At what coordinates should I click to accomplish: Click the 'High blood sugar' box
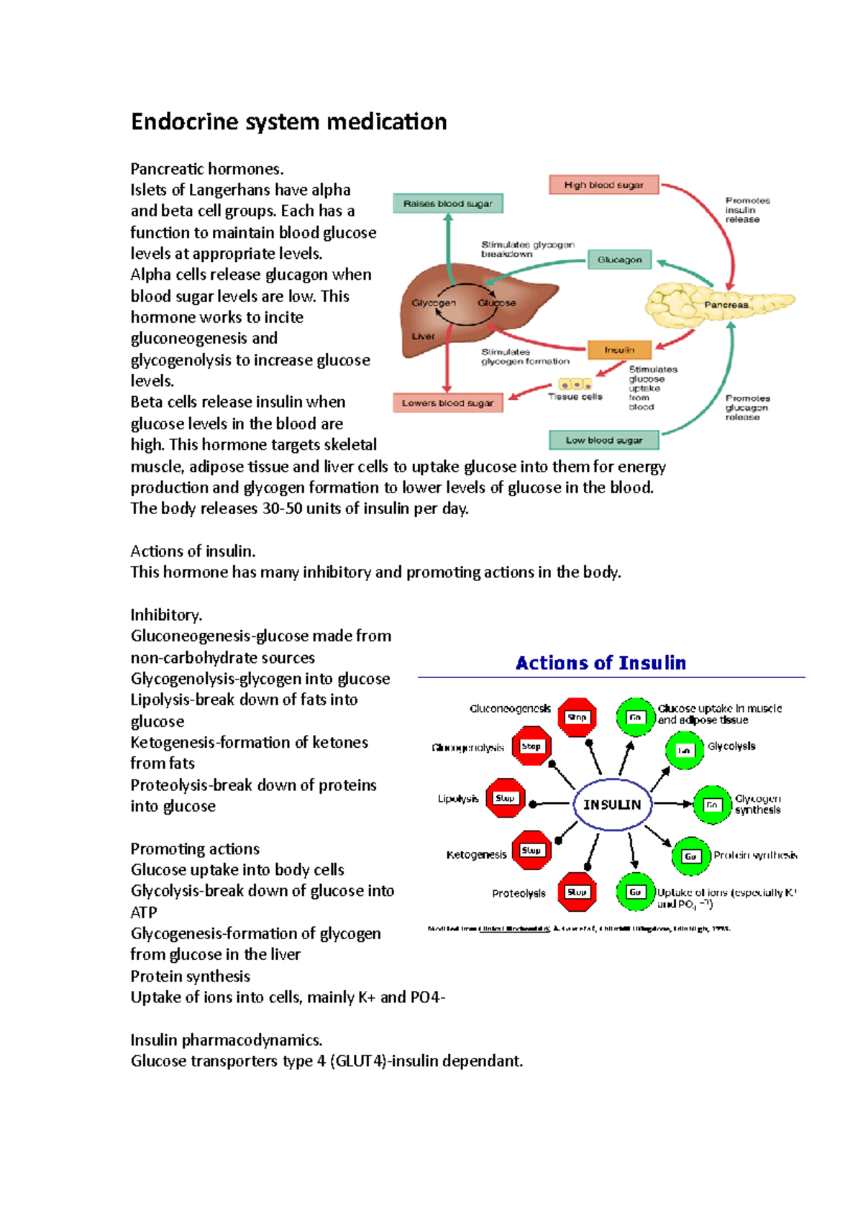(603, 185)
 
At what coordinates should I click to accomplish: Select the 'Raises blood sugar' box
(447, 203)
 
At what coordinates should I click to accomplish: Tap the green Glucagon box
(619, 260)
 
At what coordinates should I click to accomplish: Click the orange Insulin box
(619, 349)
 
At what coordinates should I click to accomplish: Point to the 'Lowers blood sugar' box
(447, 403)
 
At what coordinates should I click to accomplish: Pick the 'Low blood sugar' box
(603, 440)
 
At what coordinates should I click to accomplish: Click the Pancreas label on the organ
(726, 305)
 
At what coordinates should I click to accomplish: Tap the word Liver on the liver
(423, 336)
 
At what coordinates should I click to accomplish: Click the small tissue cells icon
(575, 385)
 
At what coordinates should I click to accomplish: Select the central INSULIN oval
(612, 805)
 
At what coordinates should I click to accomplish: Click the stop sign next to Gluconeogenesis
(577, 717)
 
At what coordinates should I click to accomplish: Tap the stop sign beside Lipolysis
(505, 798)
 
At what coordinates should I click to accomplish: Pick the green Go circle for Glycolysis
(684, 750)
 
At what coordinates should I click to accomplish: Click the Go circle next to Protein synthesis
(690, 856)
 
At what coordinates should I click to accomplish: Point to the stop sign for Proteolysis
(577, 892)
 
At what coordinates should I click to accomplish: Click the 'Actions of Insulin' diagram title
(601, 663)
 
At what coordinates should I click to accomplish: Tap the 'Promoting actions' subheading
(195, 849)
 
